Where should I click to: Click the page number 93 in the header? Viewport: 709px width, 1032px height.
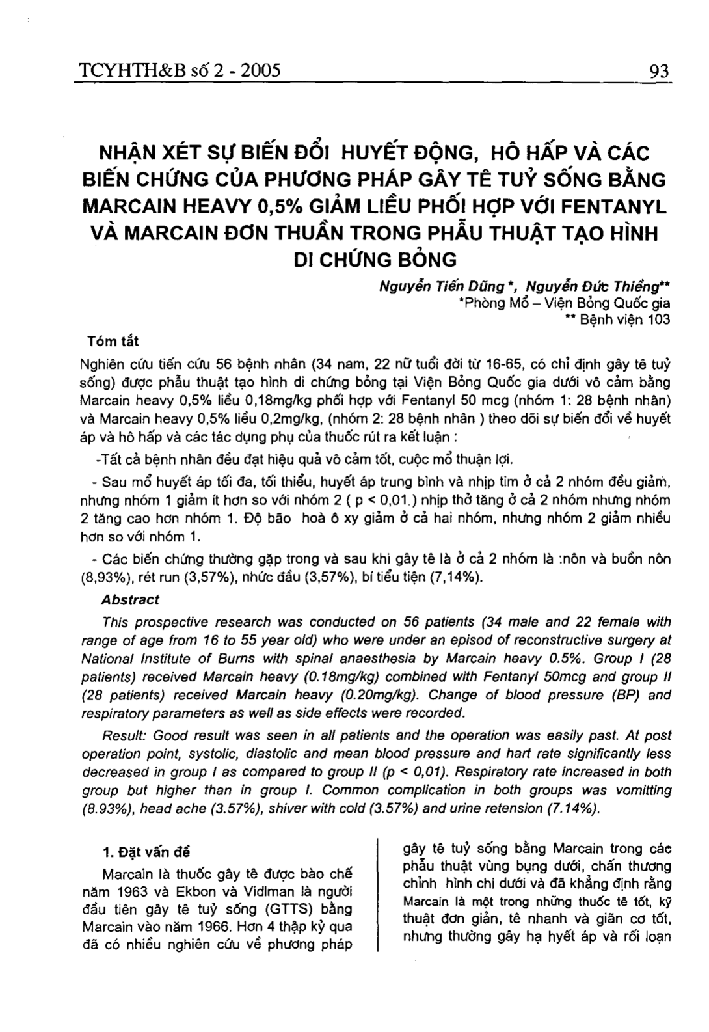point(659,70)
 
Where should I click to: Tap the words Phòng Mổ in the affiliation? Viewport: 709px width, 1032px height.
point(486,303)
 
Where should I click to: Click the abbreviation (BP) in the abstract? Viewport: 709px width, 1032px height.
point(625,694)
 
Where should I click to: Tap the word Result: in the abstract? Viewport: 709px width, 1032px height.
point(124,736)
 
